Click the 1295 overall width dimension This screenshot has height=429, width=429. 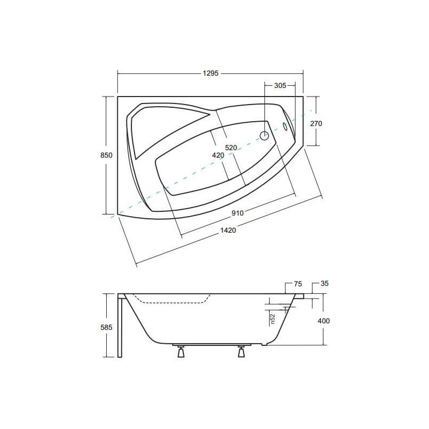pyautogui.click(x=211, y=73)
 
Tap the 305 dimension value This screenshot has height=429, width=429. pyautogui.click(x=280, y=86)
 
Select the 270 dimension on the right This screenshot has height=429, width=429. pyautogui.click(x=316, y=124)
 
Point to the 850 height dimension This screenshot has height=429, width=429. pyautogui.click(x=106, y=155)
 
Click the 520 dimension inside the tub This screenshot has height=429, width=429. pyautogui.click(x=231, y=148)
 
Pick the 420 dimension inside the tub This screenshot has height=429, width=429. pyautogui.click(x=218, y=156)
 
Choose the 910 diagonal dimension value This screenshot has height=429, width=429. pyautogui.click(x=238, y=213)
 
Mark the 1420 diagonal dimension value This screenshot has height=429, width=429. pyautogui.click(x=228, y=231)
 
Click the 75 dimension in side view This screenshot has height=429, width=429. pyautogui.click(x=298, y=284)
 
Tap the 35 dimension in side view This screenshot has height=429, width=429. pyautogui.click(x=324, y=284)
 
